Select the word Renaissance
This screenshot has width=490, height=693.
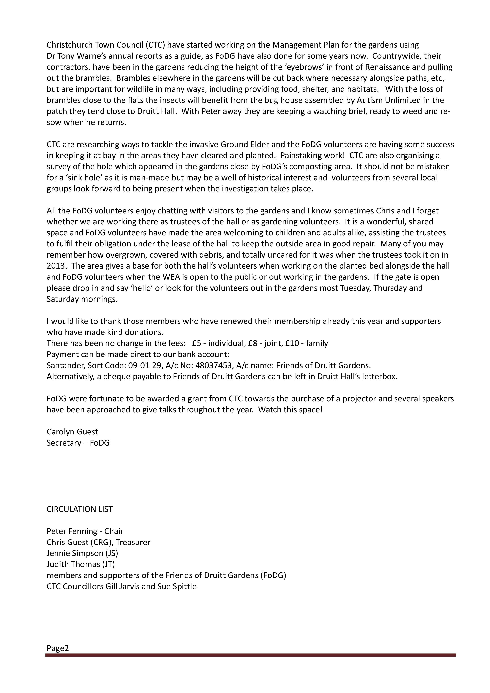pos(389,67)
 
